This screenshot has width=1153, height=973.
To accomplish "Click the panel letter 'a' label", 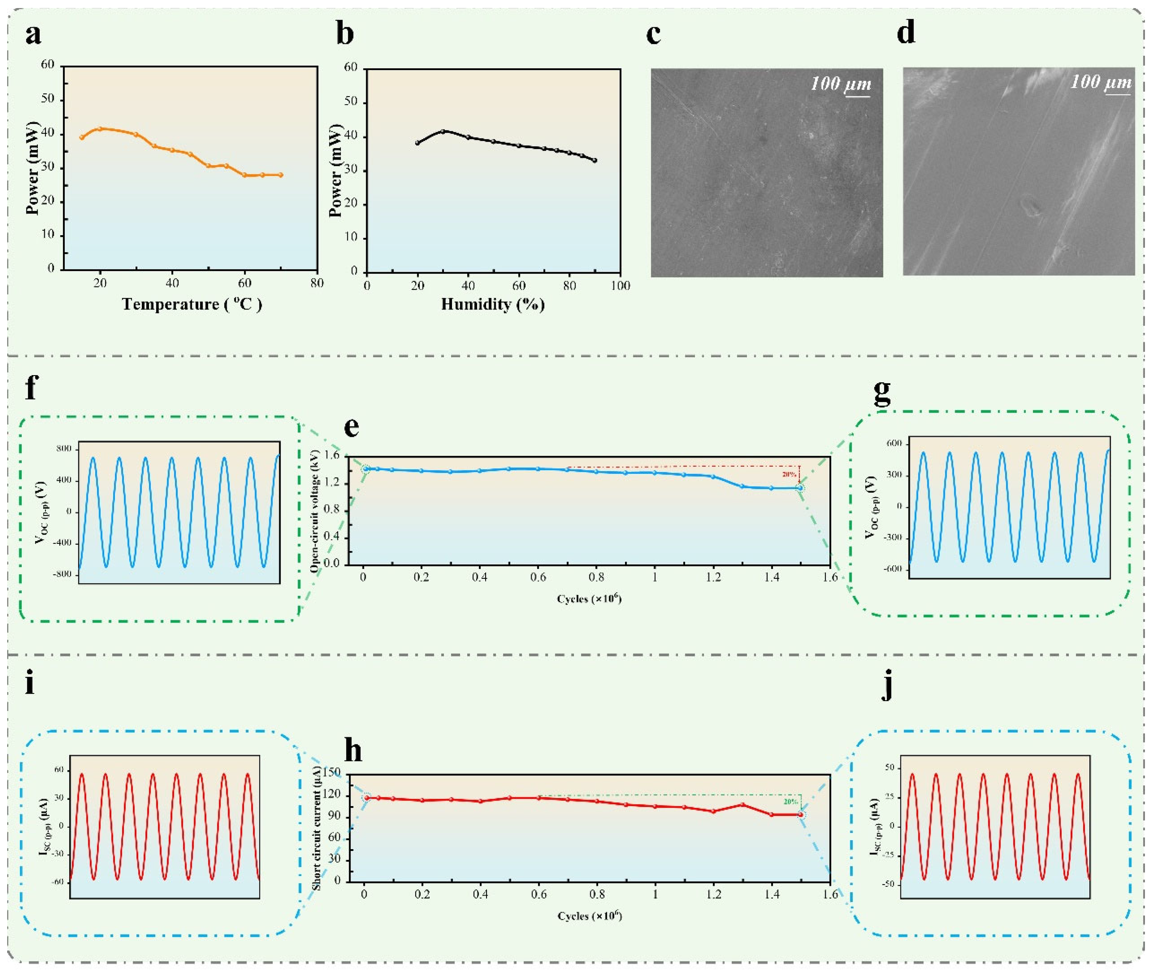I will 33,35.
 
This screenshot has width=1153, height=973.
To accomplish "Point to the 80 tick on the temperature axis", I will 317,283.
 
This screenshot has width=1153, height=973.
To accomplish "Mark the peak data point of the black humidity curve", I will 442,131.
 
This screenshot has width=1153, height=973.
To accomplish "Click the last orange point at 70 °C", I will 281,175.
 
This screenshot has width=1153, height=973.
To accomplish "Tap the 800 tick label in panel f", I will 64,449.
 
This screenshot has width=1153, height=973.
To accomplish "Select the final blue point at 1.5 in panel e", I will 800,488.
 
